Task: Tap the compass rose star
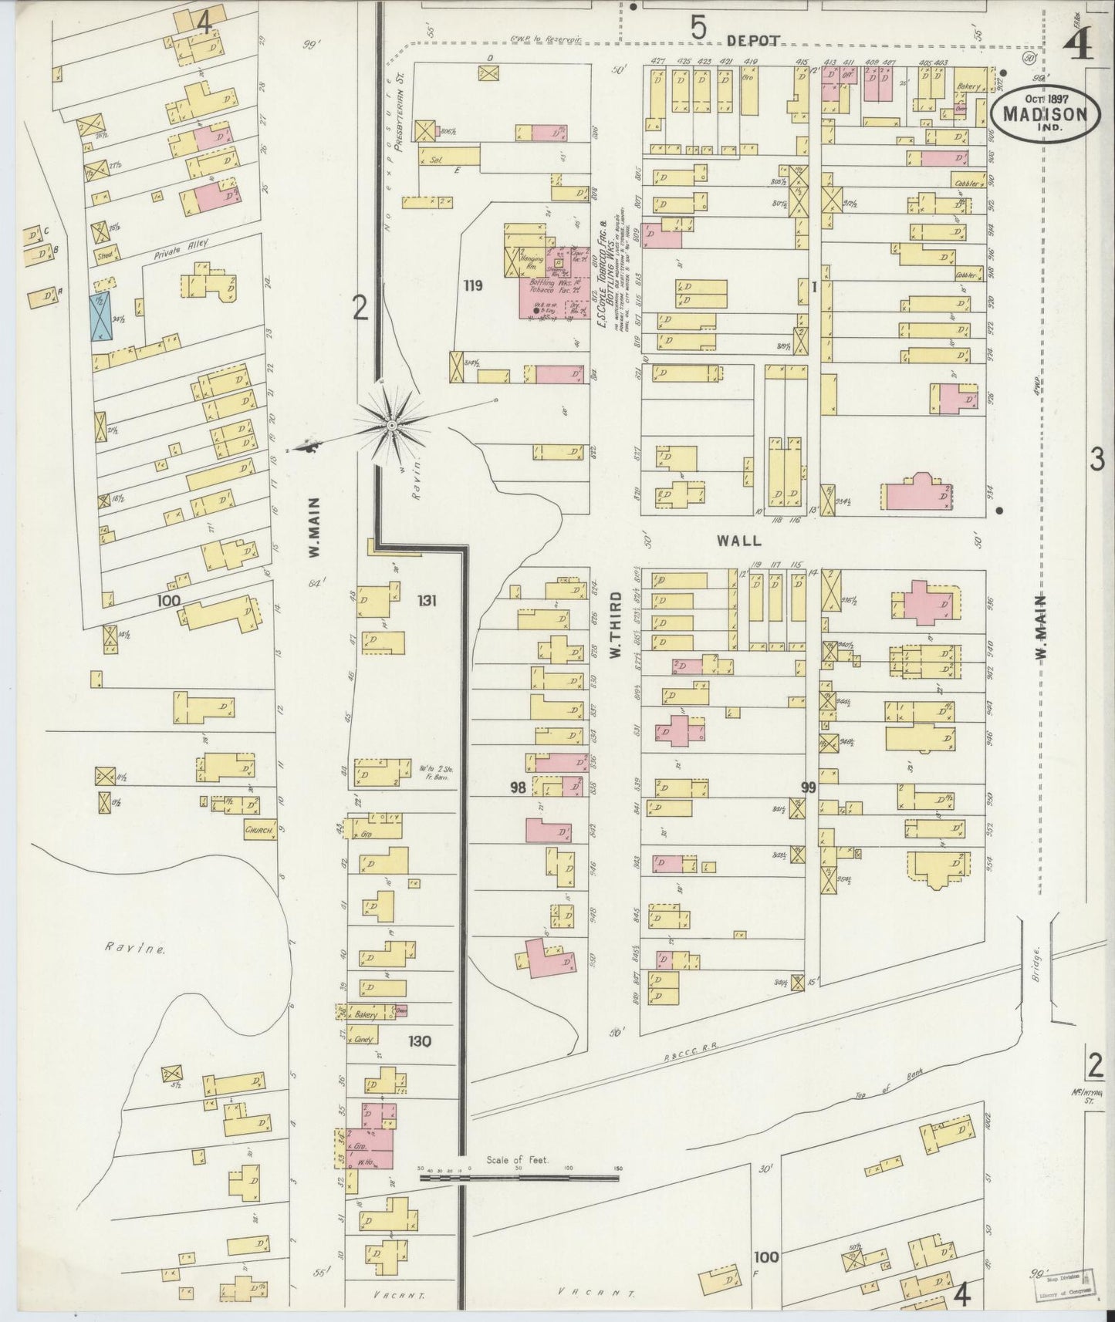(392, 426)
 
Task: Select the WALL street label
(738, 541)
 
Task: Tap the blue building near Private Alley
(101, 316)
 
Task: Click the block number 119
(472, 286)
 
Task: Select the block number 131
(427, 600)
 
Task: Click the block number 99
(808, 787)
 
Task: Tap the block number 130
(421, 1041)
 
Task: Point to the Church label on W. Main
(259, 830)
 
